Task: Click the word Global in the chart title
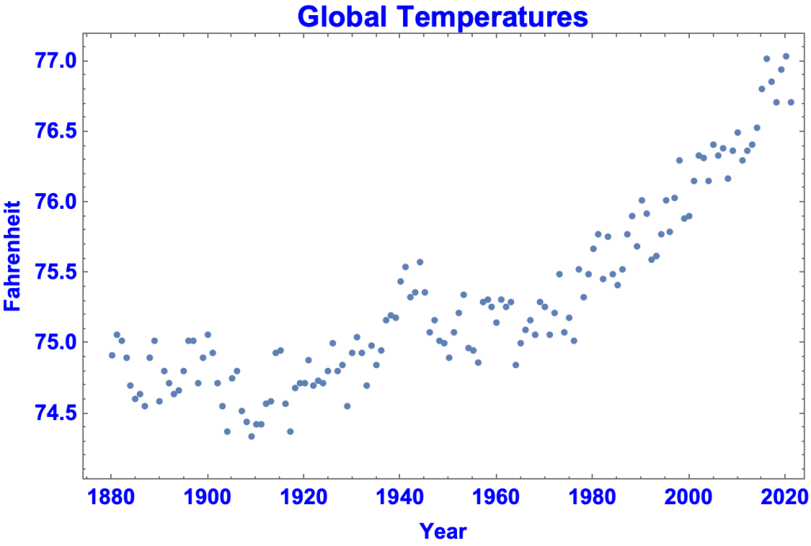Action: point(345,16)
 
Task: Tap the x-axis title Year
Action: point(443,530)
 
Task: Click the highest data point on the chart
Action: point(786,56)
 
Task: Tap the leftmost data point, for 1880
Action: point(112,355)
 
